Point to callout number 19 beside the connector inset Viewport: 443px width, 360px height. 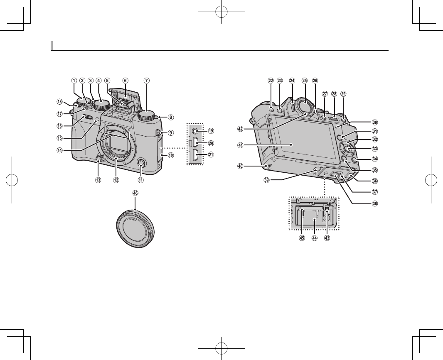tap(211, 131)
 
